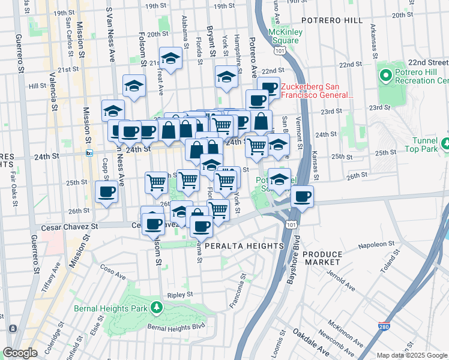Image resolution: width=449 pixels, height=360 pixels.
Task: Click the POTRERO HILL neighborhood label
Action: tap(331, 20)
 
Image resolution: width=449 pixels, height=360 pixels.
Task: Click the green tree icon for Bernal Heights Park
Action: tap(157, 308)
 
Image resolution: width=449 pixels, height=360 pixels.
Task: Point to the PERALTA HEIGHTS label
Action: tap(243, 246)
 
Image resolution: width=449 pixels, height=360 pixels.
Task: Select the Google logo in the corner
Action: tap(20, 353)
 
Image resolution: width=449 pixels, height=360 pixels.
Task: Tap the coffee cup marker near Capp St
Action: tap(107, 192)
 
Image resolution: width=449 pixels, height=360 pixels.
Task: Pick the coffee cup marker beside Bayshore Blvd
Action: tap(303, 196)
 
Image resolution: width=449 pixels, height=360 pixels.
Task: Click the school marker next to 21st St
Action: tap(171, 59)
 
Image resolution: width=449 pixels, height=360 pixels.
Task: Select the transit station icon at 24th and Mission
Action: tap(89, 153)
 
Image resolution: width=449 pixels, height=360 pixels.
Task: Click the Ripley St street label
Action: tap(180, 295)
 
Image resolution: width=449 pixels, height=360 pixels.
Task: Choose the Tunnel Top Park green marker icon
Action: tap(445, 143)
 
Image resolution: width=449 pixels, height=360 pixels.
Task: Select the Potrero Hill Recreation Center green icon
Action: tap(385, 77)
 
